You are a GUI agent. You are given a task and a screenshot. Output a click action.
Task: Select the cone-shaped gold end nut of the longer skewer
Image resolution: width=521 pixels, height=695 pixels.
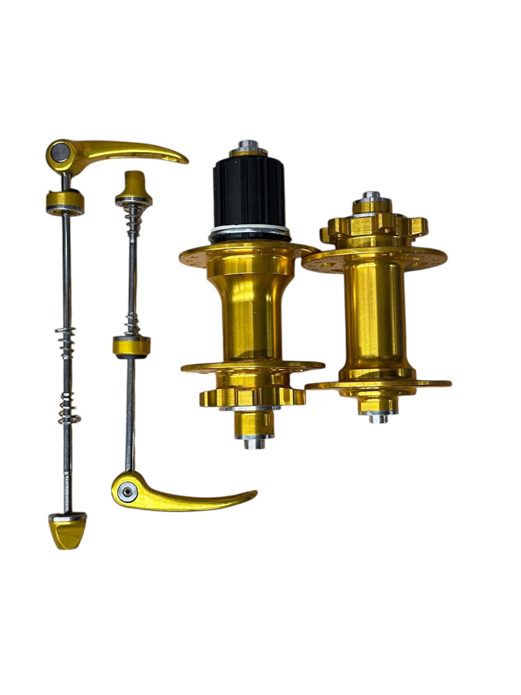(67, 532)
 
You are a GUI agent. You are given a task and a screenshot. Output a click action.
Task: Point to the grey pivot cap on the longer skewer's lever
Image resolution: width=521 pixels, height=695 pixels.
(59, 152)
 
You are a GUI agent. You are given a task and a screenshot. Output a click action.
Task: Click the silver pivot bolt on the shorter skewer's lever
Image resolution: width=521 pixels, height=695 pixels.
(127, 492)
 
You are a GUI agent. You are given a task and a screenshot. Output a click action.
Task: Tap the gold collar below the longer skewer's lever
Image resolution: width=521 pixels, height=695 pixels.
(65, 201)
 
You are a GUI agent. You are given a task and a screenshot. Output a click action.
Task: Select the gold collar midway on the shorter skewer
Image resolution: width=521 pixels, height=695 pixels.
(131, 346)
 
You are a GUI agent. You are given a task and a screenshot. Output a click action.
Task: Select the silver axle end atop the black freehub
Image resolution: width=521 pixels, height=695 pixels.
(249, 146)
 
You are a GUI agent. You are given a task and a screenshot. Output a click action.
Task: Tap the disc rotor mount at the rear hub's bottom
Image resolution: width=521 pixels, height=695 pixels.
(252, 396)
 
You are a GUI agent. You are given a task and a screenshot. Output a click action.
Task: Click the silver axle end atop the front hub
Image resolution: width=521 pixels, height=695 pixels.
(372, 196)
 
